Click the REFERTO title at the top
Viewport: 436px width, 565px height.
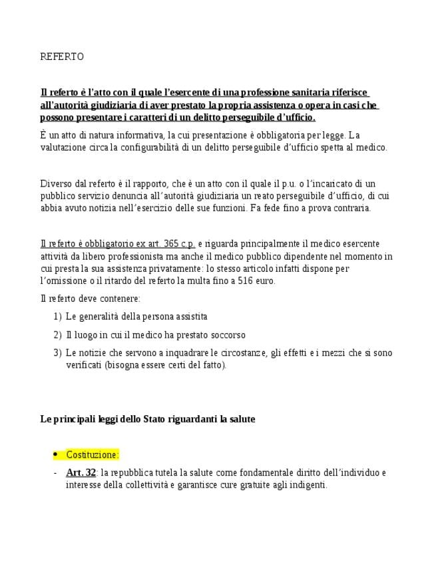click(62, 57)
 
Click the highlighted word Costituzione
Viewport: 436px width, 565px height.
click(92, 454)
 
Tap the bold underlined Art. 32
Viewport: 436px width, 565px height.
click(81, 473)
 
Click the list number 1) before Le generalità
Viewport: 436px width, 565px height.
click(57, 316)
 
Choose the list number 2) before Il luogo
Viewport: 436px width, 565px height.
click(57, 334)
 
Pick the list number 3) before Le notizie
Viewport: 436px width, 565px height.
click(57, 352)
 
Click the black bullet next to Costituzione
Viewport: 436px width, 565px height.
click(55, 454)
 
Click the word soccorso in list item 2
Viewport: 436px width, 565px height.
click(226, 334)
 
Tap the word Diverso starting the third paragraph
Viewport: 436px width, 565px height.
click(56, 184)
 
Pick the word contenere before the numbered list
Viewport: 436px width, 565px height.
click(119, 298)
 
